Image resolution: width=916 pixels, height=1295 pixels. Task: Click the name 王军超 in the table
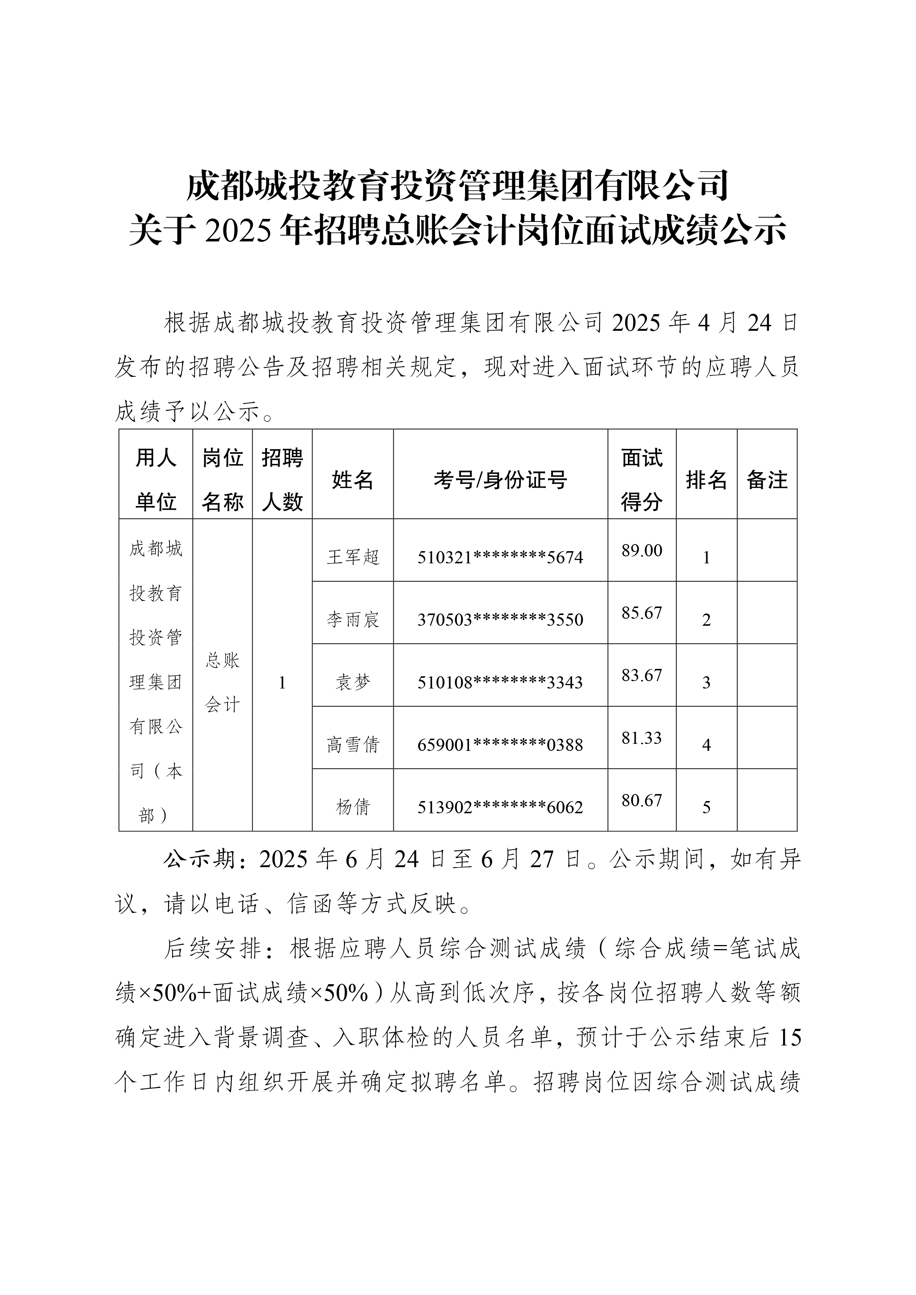353,557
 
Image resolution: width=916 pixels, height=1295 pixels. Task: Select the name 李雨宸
353,620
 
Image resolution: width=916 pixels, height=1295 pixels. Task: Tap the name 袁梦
353,683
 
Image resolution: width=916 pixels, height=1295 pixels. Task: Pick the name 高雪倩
353,745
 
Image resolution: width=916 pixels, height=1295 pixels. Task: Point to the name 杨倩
353,807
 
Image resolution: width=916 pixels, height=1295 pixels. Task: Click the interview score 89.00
642,550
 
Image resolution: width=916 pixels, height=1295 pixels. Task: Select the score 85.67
642,613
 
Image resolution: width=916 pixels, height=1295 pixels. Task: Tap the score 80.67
642,800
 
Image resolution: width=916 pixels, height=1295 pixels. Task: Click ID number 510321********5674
500,558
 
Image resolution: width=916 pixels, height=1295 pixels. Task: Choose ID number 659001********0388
500,745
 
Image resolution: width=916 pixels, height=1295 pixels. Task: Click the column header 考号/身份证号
500,480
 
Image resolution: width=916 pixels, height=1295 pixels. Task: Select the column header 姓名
353,480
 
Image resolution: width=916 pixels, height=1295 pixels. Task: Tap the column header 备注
767,480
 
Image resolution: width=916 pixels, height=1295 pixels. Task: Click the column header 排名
706,480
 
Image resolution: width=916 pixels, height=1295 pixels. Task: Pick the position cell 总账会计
222,683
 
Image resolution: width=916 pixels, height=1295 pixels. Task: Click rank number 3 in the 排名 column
706,683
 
